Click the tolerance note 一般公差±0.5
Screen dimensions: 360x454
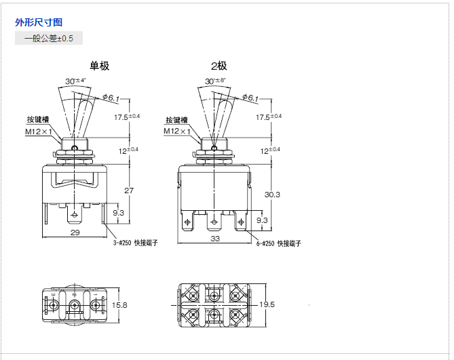pos(49,39)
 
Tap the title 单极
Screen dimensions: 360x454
pos(99,66)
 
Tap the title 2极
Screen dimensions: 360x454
pos(219,66)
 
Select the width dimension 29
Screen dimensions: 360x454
pos(75,233)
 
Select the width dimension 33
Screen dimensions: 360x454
pos(215,238)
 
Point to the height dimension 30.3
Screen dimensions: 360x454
pos(272,195)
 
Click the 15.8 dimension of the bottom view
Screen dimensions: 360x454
pos(119,306)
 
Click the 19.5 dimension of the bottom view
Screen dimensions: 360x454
pos(267,305)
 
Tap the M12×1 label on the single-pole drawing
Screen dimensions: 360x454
pos(39,132)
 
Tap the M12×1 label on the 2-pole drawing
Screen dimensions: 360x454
pos(176,131)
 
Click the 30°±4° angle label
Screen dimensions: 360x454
pos(75,81)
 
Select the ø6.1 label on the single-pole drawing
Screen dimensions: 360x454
pos(111,99)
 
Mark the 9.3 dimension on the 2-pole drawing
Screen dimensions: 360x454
pos(261,220)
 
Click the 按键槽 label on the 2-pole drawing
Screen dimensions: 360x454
pos(176,121)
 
